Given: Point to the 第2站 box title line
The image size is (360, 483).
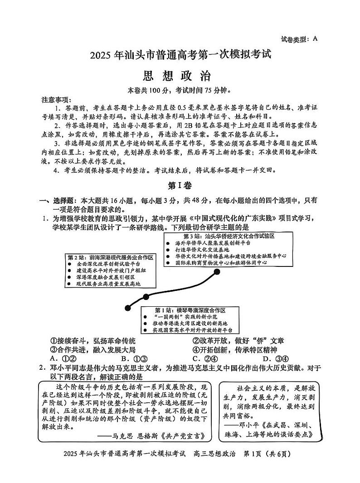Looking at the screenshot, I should [x=110, y=257].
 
